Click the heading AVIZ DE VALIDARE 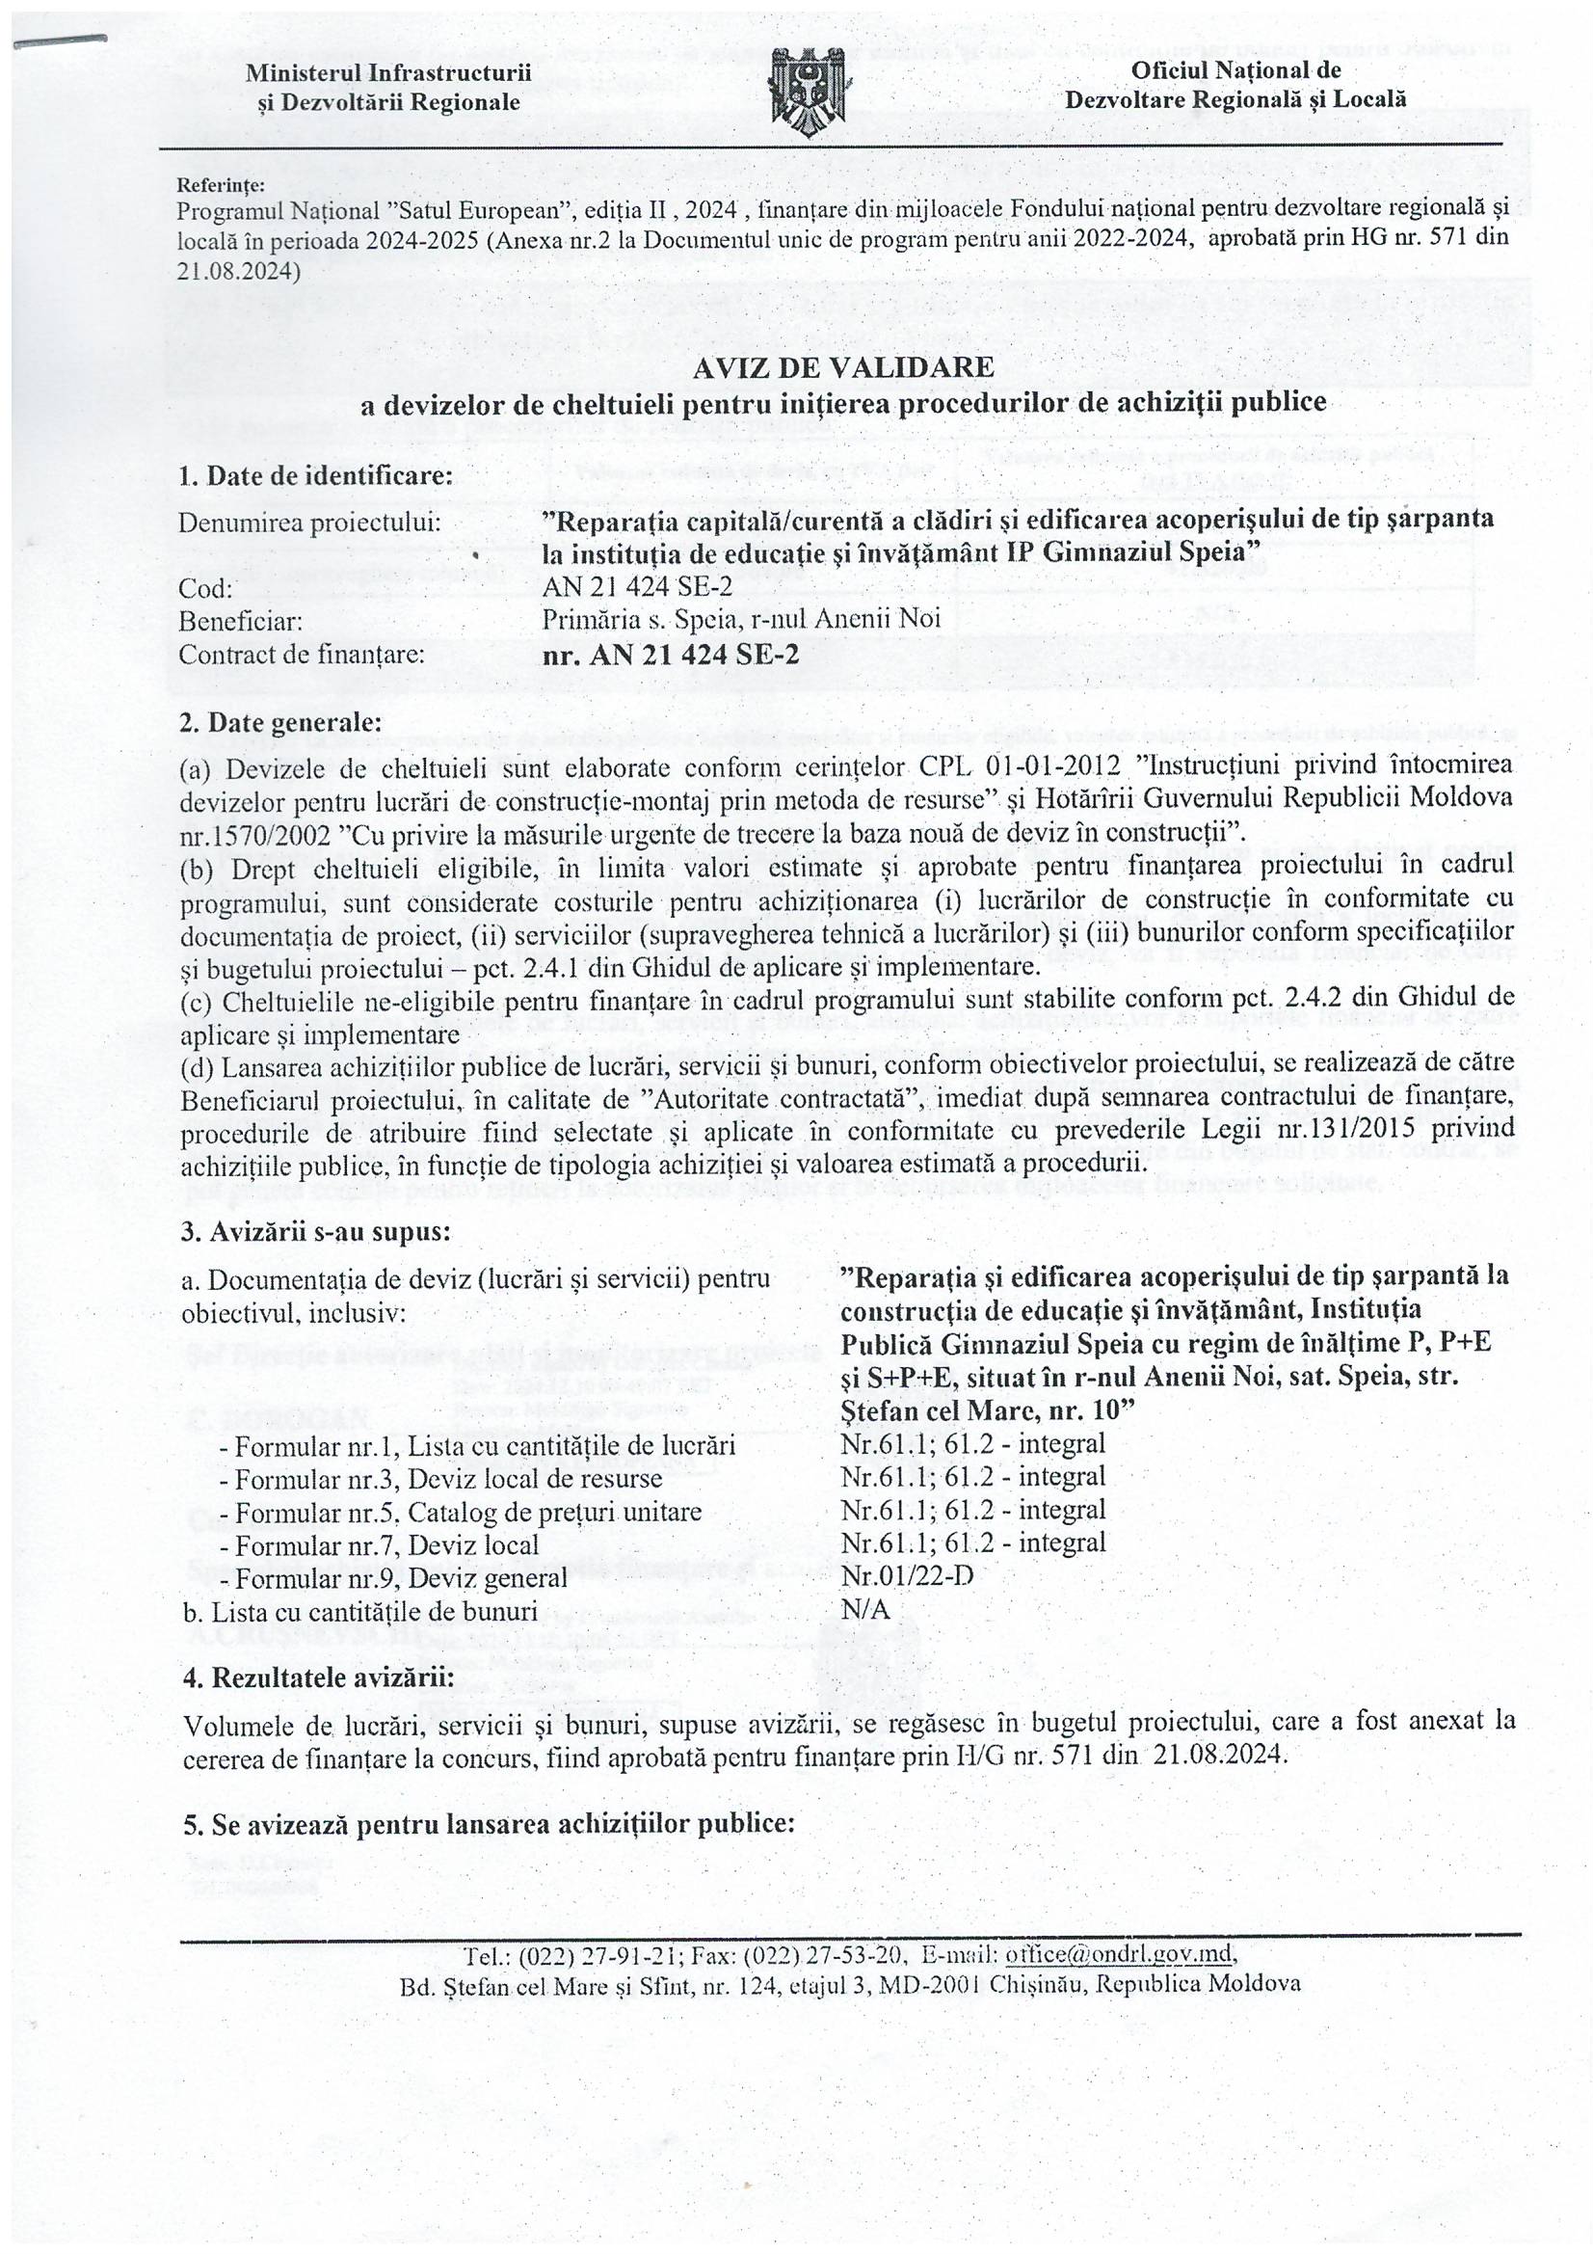click(x=843, y=367)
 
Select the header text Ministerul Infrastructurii click(x=388, y=72)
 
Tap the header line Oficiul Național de click(x=1235, y=70)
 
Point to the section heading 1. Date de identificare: click(x=316, y=476)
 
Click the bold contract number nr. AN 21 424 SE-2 click(x=671, y=655)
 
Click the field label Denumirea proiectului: click(x=309, y=523)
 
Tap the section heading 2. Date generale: click(x=279, y=722)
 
